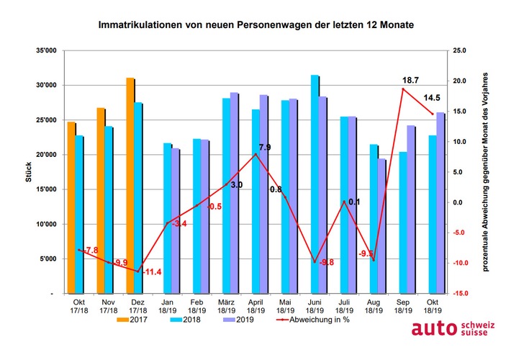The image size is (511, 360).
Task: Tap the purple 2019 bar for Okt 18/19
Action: pyautogui.click(x=440, y=202)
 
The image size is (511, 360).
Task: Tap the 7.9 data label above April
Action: pyautogui.click(x=264, y=148)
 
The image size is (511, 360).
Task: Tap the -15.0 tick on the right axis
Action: pyautogui.click(x=461, y=294)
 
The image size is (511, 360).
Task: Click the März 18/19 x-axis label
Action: pyautogui.click(x=229, y=307)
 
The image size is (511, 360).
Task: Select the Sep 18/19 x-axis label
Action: pyautogui.click(x=404, y=307)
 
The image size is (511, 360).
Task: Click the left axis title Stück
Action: pyautogui.click(x=17, y=173)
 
